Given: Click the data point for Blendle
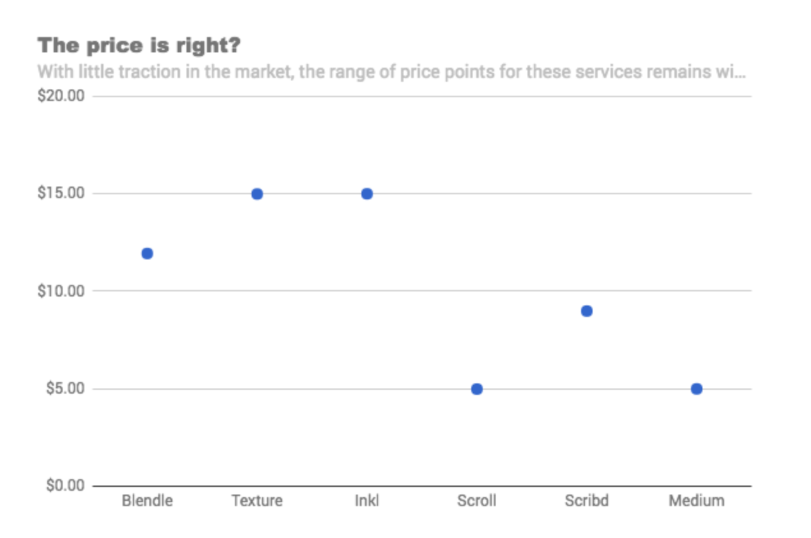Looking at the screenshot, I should click(147, 254).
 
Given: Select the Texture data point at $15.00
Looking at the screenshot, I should click(257, 194).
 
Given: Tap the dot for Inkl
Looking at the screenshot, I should click(367, 194).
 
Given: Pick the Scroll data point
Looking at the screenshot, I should click(476, 389).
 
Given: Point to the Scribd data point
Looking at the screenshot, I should click(586, 311).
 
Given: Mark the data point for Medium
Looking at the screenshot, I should click(696, 389).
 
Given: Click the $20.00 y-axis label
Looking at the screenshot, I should click(61, 96).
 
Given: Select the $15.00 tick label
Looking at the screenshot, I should click(61, 194).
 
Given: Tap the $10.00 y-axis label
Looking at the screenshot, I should click(61, 291).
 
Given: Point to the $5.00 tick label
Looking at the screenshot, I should click(64, 389).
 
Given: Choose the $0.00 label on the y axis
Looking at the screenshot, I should click(64, 486).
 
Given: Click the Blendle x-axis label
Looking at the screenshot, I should click(147, 500).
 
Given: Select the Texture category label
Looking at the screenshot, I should click(257, 500).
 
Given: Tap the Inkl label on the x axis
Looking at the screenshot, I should click(367, 500).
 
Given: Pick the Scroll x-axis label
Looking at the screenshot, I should click(476, 500).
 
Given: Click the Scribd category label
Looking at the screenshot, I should click(586, 500).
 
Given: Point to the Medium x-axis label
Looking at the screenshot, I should click(696, 500).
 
